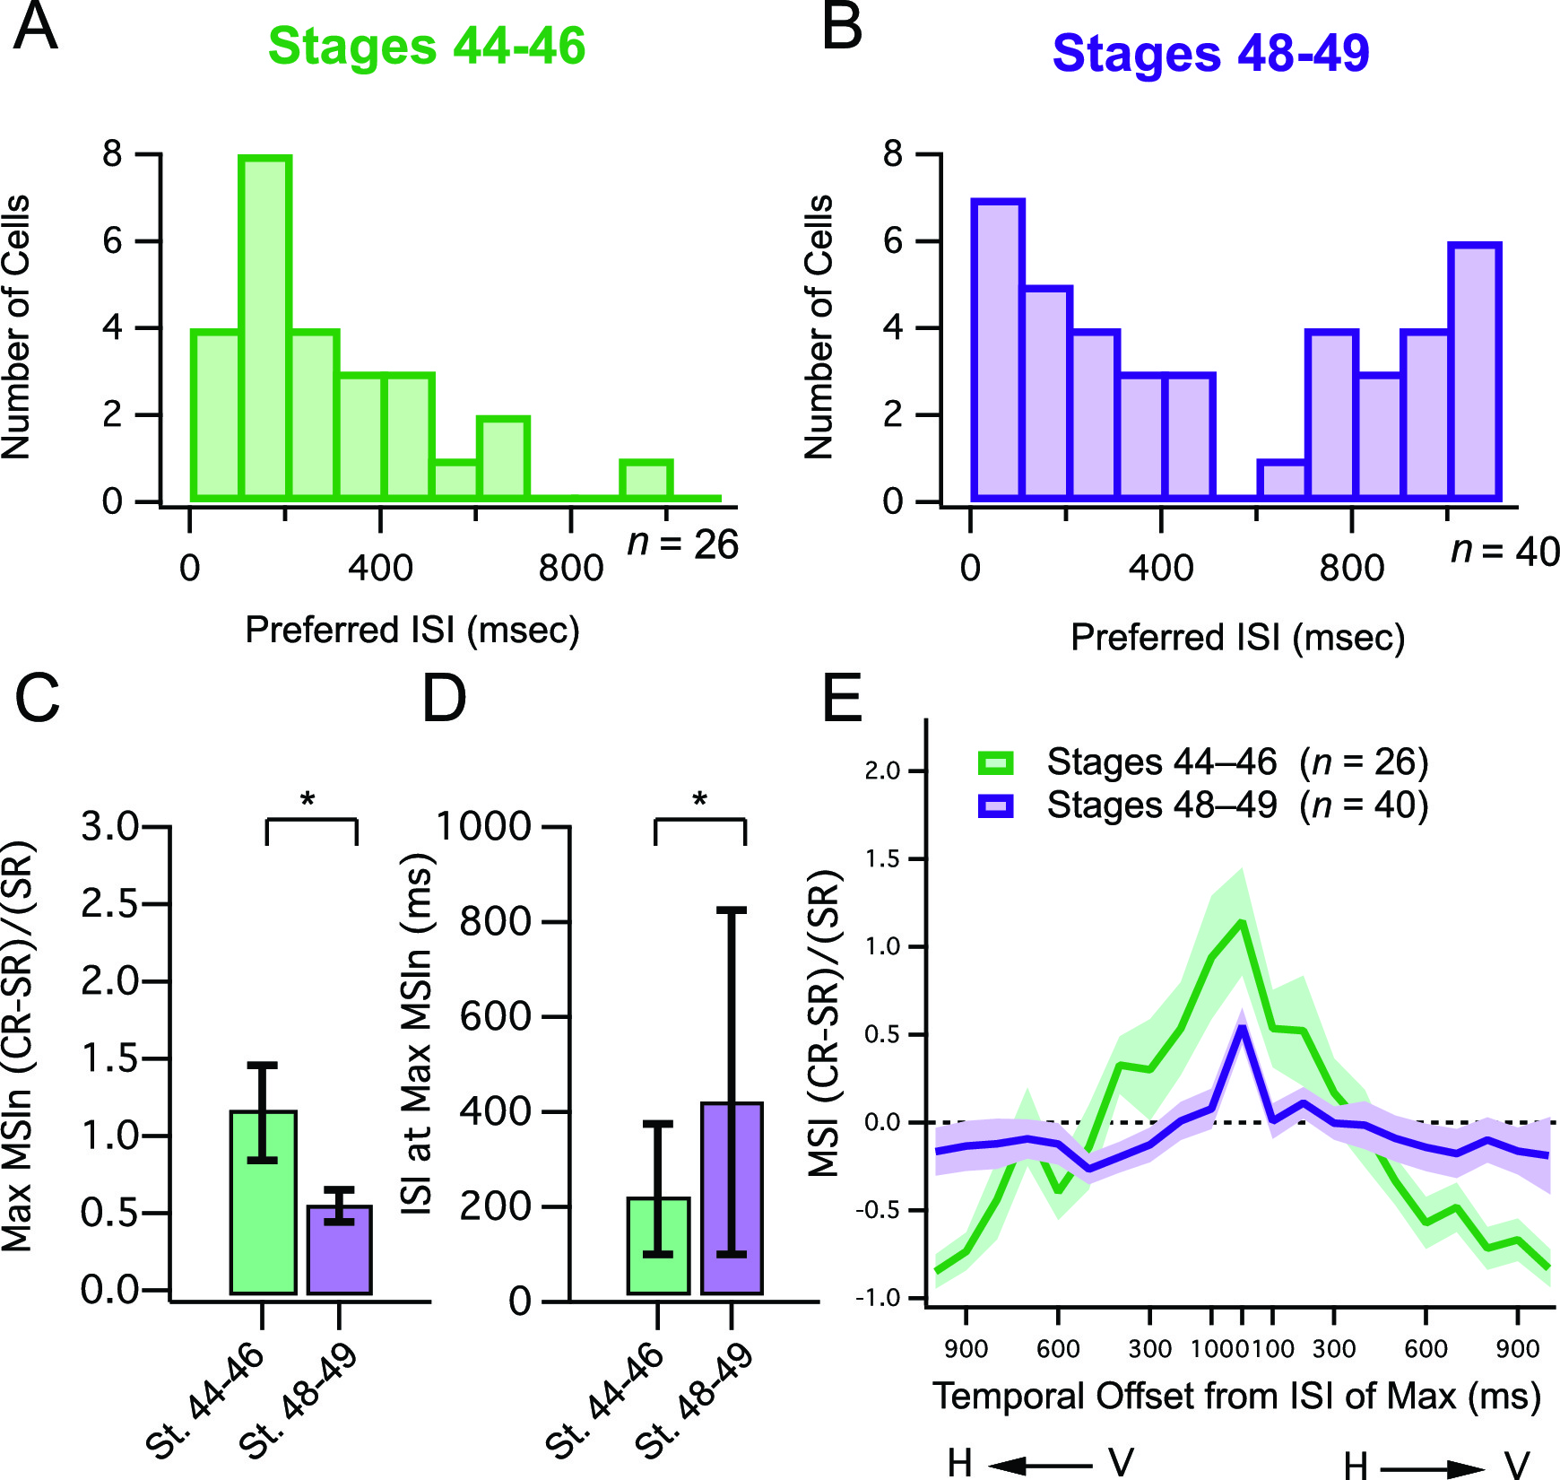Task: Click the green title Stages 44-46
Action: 427,46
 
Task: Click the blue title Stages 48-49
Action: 1210,53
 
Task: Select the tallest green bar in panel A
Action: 264,327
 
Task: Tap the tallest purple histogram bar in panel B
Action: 997,350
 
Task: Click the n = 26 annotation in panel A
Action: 683,544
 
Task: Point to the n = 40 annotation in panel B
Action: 1505,551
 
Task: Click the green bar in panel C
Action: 263,1202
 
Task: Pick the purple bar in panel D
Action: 732,1197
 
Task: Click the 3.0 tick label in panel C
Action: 109,826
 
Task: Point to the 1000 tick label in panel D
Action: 484,826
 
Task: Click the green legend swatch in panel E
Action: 995,763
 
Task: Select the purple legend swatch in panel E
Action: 995,806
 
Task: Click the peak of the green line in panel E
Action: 1242,922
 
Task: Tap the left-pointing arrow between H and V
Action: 1040,1465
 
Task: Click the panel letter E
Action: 842,699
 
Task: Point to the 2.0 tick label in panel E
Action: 882,771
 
